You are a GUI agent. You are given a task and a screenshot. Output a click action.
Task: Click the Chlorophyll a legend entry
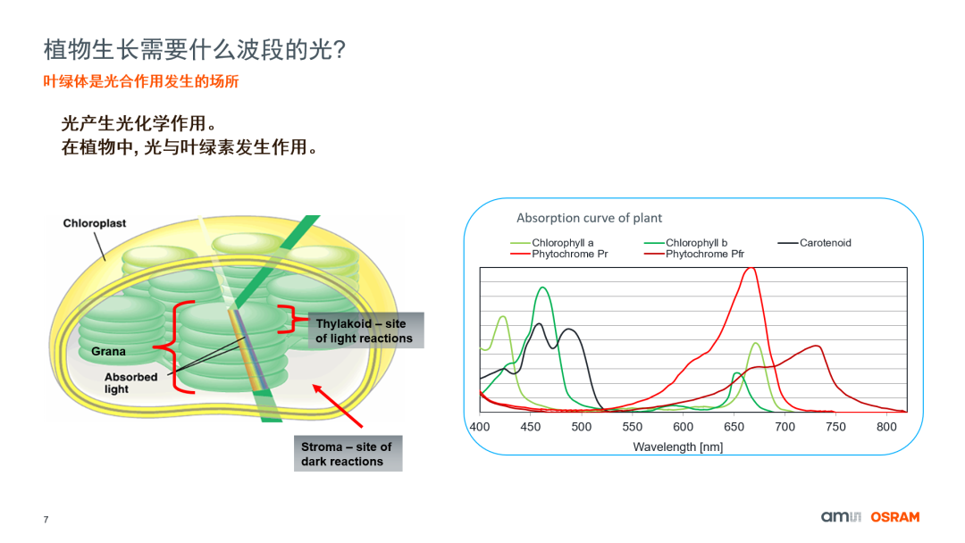pos(562,243)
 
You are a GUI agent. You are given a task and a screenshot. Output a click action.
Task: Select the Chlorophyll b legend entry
pos(696,243)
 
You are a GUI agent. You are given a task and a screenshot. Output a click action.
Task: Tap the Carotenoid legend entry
pos(825,243)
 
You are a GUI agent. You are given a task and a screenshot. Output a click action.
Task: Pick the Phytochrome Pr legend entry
pos(569,255)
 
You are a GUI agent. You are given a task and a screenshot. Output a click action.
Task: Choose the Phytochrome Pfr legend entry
pos(704,255)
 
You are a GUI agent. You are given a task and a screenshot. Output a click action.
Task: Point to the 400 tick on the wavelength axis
pos(480,427)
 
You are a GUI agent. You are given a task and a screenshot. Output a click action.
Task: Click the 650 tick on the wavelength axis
pos(734,427)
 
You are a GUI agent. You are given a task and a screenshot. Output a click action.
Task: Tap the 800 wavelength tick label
pos(886,427)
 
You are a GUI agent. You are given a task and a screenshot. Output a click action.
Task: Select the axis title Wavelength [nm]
pos(677,447)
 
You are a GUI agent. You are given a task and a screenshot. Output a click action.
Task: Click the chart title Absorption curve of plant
pos(589,218)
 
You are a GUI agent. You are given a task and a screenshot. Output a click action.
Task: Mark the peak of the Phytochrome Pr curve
pos(751,268)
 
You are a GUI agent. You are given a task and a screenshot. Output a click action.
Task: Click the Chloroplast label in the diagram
pos(95,223)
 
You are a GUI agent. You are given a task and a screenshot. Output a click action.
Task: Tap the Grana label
pos(108,352)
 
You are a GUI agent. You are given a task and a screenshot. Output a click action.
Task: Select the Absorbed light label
pos(130,383)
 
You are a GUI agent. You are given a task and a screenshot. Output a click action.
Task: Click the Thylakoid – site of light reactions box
pos(364,330)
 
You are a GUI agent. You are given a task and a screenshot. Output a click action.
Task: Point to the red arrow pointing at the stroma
pos(339,405)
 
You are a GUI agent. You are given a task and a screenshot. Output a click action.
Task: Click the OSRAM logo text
pos(894,517)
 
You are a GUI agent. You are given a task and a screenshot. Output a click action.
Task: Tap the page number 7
pos(46,520)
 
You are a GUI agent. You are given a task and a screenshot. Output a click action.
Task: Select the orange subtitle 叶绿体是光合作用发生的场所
pos(141,81)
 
